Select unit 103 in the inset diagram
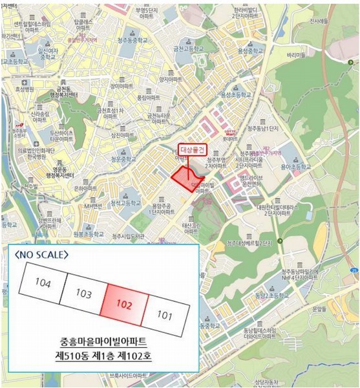point(84,294)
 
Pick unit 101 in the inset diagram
point(166,316)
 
